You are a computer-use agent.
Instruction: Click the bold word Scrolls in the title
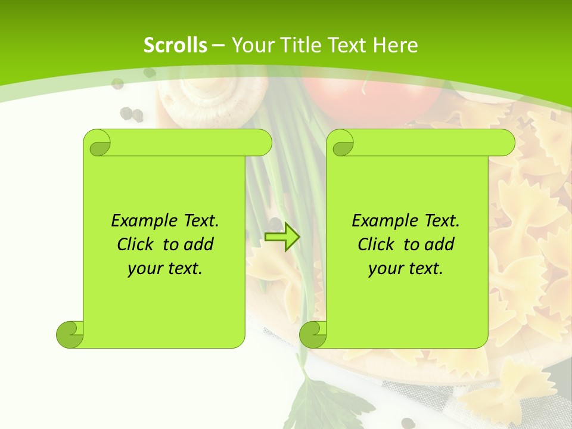176,45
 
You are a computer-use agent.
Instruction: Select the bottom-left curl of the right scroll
313,334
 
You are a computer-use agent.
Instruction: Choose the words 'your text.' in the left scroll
165,268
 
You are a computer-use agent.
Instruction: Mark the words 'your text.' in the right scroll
406,268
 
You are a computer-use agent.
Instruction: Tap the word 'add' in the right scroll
439,244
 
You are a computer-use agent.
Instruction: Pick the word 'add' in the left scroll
198,244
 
